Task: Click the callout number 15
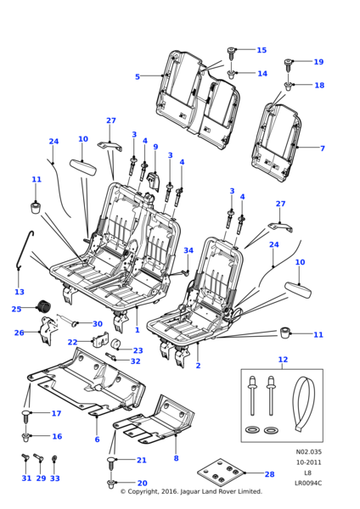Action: [x=262, y=50]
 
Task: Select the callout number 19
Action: [x=318, y=62]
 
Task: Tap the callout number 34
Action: [x=188, y=250]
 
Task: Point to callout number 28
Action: [x=269, y=474]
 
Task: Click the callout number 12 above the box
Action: [x=283, y=360]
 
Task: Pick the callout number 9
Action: [x=155, y=147]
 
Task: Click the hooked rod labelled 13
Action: [x=25, y=250]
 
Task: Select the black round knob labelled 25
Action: [x=43, y=305]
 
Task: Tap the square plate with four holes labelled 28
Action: [x=220, y=473]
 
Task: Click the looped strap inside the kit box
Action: [x=303, y=404]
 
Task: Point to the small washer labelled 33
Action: [x=54, y=459]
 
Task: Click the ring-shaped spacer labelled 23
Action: [x=115, y=344]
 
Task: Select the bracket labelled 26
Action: [x=47, y=331]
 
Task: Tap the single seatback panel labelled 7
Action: [x=277, y=142]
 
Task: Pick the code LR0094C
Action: [x=308, y=483]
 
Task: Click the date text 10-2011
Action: [x=308, y=462]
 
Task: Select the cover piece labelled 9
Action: [x=154, y=181]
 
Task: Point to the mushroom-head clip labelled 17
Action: [x=26, y=416]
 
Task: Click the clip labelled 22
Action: [x=100, y=340]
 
